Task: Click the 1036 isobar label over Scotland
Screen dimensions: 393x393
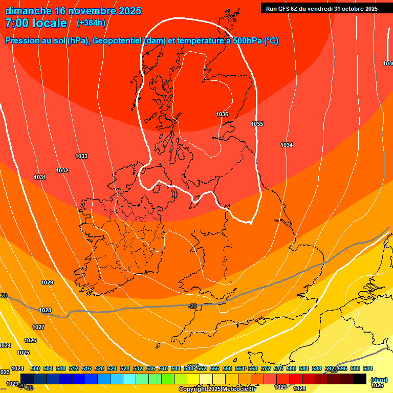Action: click(222, 114)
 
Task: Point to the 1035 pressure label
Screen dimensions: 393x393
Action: click(257, 124)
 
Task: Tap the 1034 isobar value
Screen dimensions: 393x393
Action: click(287, 145)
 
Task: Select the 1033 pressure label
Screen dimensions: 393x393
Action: click(81, 156)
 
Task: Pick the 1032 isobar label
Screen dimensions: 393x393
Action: click(62, 170)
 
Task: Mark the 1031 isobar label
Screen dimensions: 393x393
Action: click(40, 177)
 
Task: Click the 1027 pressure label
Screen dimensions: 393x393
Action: click(38, 327)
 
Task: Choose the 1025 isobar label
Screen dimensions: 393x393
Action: click(23, 353)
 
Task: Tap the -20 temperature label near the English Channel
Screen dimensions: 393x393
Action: click(192, 306)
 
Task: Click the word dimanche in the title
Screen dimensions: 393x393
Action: click(25, 11)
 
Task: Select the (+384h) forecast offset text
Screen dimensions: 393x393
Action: click(91, 23)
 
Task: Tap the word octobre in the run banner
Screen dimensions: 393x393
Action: click(347, 9)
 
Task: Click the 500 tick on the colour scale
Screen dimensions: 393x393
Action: click(35, 368)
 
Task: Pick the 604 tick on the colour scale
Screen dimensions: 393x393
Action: click(367, 368)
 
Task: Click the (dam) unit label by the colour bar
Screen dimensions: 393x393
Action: click(379, 380)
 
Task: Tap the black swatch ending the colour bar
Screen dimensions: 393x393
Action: click(360, 379)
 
